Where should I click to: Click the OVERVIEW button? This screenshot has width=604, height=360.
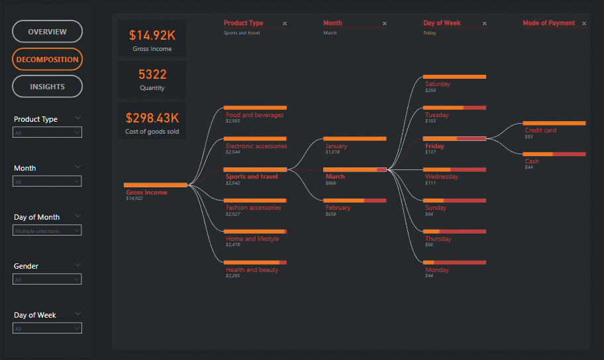point(47,32)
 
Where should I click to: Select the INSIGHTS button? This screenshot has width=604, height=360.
point(47,87)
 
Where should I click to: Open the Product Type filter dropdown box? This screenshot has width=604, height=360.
point(47,132)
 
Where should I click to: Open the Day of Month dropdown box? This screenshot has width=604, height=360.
point(47,231)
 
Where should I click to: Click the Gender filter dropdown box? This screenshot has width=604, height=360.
point(47,280)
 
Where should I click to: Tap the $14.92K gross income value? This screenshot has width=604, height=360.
point(152,35)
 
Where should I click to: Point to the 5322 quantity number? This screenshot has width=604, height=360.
point(152,74)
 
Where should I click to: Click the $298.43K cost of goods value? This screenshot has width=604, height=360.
point(152,118)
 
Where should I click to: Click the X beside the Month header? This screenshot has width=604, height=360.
point(384,24)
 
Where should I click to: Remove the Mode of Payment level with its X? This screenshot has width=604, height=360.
point(583,24)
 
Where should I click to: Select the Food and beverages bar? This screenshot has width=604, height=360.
point(255,107)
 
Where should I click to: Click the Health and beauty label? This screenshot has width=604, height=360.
point(252,270)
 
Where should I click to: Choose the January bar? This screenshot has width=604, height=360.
point(354,139)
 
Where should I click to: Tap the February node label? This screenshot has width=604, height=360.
point(338,208)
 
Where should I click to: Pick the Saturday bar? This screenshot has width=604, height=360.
point(454,77)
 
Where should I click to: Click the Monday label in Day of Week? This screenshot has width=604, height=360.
point(437,270)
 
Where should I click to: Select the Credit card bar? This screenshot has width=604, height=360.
point(554,123)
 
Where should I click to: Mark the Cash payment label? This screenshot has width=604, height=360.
point(532,161)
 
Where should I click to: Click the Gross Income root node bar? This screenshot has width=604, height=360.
point(156,185)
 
